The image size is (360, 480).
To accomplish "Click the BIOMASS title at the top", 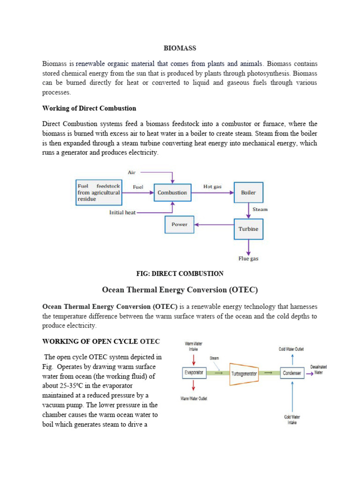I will click(180, 48).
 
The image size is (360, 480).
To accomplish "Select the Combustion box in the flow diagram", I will click(172, 193).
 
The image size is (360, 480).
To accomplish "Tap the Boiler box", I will click(248, 193).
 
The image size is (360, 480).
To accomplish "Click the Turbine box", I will click(248, 229).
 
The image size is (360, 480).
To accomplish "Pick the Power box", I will click(179, 225).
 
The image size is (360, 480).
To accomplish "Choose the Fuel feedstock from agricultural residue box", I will click(99, 192).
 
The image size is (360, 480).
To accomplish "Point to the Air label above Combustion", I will click(132, 172).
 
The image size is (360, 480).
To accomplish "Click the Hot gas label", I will click(212, 187).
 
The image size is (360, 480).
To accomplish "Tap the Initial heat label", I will click(122, 212).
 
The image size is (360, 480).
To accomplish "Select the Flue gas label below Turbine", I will click(248, 258).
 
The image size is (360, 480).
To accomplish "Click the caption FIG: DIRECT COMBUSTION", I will click(180, 274).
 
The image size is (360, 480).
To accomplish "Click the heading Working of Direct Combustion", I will click(89, 108).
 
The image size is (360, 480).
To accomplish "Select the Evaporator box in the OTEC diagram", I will click(194, 373).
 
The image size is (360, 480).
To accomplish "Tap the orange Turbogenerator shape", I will click(244, 374).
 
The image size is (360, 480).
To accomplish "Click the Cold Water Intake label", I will click(292, 419).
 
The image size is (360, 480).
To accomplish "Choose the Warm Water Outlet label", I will click(194, 398).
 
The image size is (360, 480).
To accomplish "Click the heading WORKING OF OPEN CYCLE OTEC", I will click(101, 341).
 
